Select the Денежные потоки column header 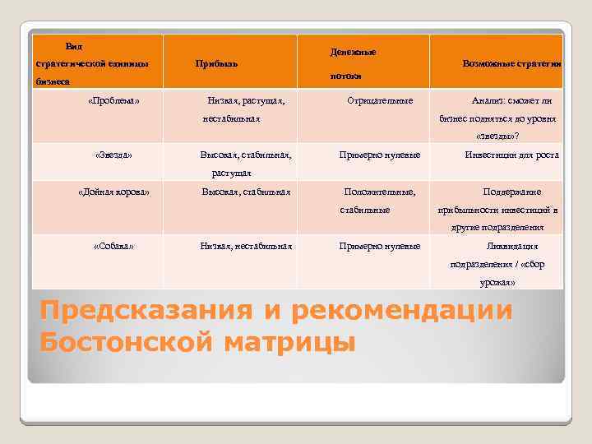pyautogui.click(x=353, y=63)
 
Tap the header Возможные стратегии pyautogui.click(x=511, y=63)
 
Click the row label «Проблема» pyautogui.click(x=113, y=101)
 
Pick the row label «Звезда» pyautogui.click(x=113, y=155)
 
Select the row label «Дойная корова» pyautogui.click(x=113, y=192)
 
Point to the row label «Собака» pyautogui.click(x=113, y=246)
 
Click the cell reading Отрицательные pyautogui.click(x=380, y=101)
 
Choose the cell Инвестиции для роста pyautogui.click(x=511, y=155)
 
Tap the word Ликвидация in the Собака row pyautogui.click(x=511, y=246)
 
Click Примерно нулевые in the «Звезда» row pyautogui.click(x=380, y=155)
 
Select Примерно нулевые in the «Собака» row pyautogui.click(x=380, y=246)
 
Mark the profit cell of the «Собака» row pyautogui.click(x=246, y=246)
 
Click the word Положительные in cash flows pyautogui.click(x=379, y=192)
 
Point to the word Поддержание pyautogui.click(x=511, y=192)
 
